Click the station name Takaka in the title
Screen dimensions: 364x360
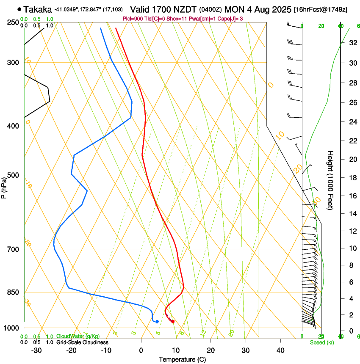tap(37, 9)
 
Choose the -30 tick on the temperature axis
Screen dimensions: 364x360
tap(36, 350)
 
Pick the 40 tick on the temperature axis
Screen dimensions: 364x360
tap(280, 350)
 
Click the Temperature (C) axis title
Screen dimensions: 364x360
tap(182, 359)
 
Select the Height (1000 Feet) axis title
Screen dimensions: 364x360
tap(331, 180)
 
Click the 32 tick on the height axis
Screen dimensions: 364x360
tap(352, 43)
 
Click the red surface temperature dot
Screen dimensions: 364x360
tap(173, 322)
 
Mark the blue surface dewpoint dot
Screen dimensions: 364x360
tap(157, 322)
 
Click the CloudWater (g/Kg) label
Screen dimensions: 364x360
tap(78, 336)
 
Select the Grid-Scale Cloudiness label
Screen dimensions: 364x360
tap(82, 342)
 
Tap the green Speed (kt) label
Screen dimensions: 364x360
tap(321, 342)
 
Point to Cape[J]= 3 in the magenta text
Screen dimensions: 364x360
tap(231, 19)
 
